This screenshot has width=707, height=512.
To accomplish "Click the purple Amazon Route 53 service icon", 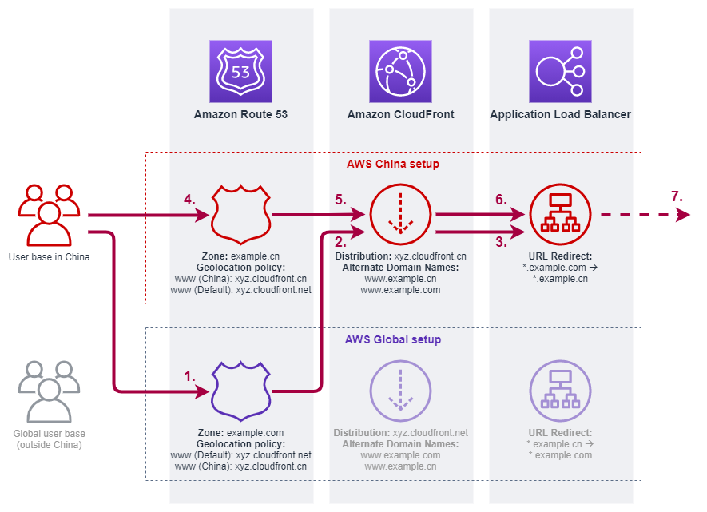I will tap(240, 72).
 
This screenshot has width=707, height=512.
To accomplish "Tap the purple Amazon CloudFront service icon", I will tap(400, 72).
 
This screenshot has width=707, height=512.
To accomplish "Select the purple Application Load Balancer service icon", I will tap(560, 72).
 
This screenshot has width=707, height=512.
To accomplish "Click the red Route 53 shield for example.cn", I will tap(240, 215).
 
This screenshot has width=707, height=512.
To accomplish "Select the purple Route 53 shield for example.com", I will tap(240, 391).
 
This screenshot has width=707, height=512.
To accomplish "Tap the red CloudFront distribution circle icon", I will tap(400, 215).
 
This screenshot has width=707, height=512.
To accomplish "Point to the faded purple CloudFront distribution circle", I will tap(400, 391).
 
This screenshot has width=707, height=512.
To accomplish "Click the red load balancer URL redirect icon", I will tap(560, 215).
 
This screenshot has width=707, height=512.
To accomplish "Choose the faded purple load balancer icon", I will tap(560, 391).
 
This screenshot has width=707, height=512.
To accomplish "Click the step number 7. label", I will tap(677, 196).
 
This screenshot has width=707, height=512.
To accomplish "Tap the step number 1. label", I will tap(189, 375).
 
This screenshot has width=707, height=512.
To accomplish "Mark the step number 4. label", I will tap(189, 200).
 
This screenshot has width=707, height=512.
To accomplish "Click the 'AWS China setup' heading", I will tap(393, 164).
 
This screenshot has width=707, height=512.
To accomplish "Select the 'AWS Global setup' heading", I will tap(393, 339).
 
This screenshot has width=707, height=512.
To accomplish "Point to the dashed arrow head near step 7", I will tap(682, 215).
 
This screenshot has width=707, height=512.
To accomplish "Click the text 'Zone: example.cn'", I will tap(240, 256).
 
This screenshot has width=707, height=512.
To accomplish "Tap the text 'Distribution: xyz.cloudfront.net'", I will tap(400, 433).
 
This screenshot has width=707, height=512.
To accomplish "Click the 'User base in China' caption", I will tap(49, 257).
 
